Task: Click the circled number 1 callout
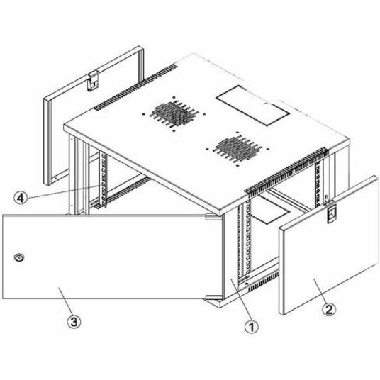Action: [x=249, y=328]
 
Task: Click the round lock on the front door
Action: [x=19, y=257]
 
